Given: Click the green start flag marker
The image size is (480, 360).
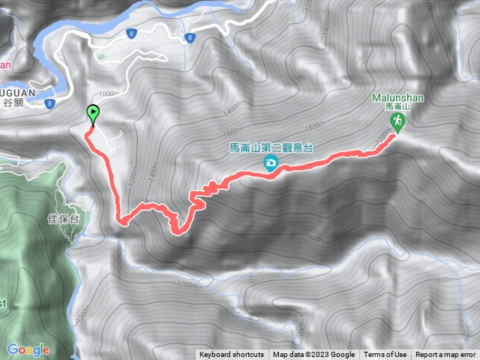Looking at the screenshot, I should (x=93, y=115).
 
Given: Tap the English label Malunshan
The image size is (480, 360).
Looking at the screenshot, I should (x=397, y=97).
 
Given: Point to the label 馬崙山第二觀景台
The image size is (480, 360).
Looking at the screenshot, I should (x=270, y=148).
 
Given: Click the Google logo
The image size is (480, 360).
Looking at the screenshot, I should (x=28, y=349).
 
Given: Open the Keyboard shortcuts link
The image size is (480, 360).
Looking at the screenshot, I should (x=231, y=355).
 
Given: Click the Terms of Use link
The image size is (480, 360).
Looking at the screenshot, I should (x=385, y=355).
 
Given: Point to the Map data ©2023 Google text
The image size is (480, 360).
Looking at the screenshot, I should (x=313, y=355).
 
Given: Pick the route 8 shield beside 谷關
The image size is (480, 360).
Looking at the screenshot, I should (x=49, y=103).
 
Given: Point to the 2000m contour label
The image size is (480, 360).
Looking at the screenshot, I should (x=369, y=180).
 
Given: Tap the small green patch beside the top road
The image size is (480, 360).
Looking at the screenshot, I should (x=102, y=55).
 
